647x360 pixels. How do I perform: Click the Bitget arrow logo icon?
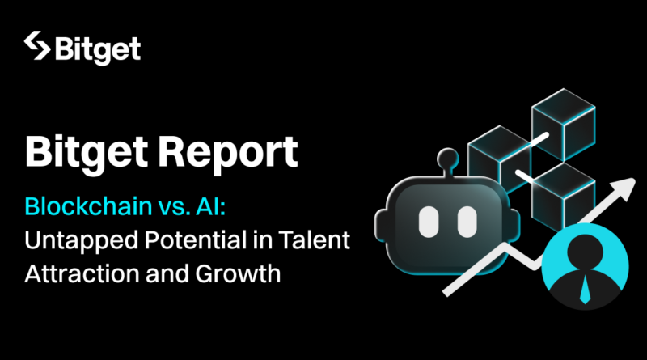tap(37, 45)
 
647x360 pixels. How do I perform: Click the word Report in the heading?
tap(228, 154)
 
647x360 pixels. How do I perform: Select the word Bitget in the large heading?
tap(87, 153)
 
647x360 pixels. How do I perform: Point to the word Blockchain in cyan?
tap(88, 206)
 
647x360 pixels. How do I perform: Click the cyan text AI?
tap(211, 206)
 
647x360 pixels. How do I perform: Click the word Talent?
tap(314, 239)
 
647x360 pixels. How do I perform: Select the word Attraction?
tap(82, 273)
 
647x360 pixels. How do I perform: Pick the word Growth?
tap(238, 273)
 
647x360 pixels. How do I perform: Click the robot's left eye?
tap(429, 222)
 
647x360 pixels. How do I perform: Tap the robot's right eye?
tap(467, 222)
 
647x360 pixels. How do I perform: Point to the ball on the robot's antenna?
tap(448, 158)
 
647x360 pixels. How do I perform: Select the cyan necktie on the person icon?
tap(585, 288)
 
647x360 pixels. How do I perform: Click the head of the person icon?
tap(585, 251)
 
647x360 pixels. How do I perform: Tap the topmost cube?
tap(563, 124)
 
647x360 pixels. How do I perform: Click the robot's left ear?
tap(380, 226)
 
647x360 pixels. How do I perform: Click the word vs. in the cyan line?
tap(173, 206)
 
